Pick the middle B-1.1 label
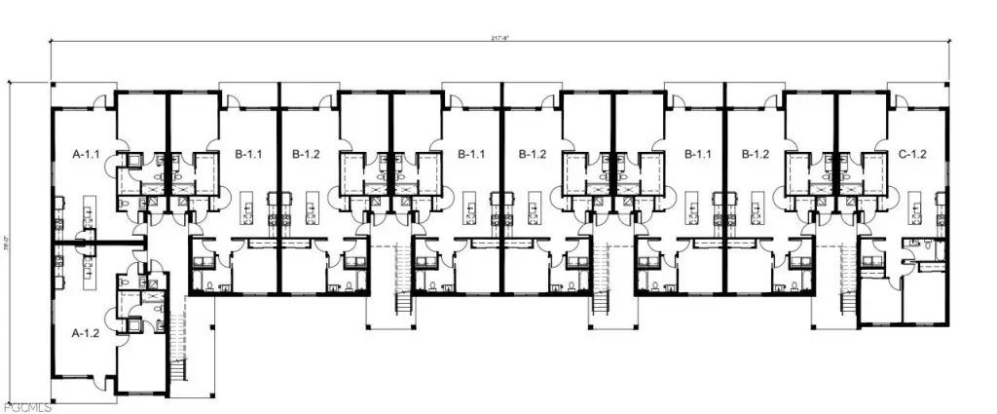(472, 154)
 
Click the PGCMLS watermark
(26, 406)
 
